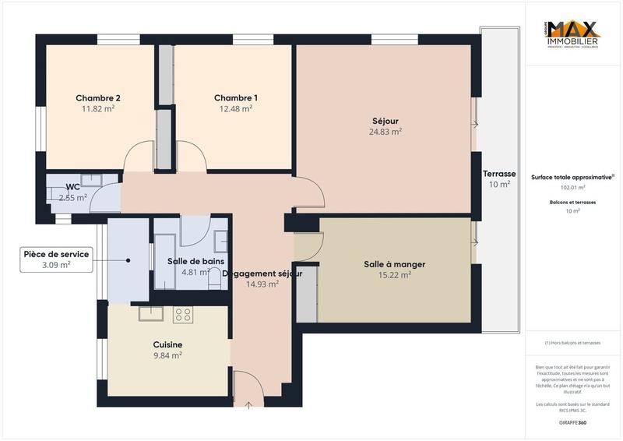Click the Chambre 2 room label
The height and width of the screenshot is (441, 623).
click(97, 98)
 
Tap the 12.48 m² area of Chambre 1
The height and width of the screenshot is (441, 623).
click(236, 109)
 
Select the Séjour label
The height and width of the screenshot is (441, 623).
click(385, 121)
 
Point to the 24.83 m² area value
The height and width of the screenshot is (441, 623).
click(385, 132)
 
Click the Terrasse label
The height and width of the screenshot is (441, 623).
click(498, 173)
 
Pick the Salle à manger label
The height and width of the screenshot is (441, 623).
click(394, 264)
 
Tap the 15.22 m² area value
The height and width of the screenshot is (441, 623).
click(394, 275)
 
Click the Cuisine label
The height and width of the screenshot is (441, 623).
click(167, 344)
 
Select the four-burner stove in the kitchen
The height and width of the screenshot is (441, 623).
click(183, 314)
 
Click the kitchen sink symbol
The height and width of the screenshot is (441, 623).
click(150, 313)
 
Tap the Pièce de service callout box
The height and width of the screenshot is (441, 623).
click(56, 259)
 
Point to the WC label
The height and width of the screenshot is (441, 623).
click(72, 187)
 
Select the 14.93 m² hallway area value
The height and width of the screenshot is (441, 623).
click(262, 284)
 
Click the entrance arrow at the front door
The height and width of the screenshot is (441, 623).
click(248, 404)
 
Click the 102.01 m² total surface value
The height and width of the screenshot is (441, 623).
click(573, 188)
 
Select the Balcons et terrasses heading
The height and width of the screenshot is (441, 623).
click(573, 202)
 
